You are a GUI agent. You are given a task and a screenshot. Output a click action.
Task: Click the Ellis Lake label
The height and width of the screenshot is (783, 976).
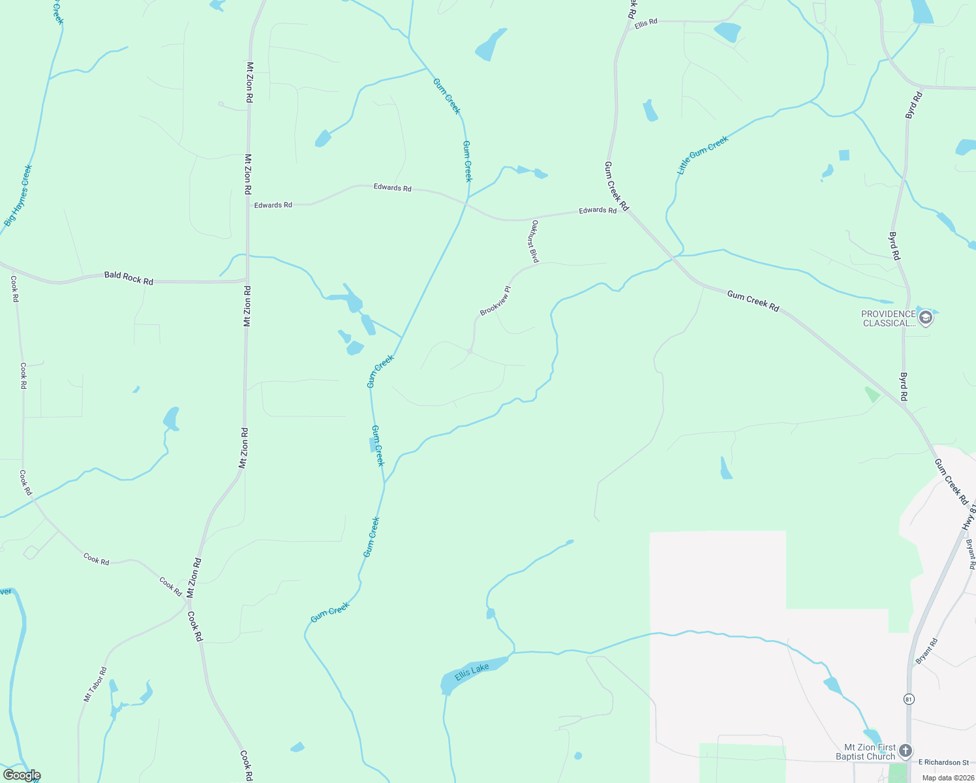[472, 671]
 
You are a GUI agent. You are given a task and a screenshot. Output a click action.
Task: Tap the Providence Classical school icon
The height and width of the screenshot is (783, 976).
[925, 318]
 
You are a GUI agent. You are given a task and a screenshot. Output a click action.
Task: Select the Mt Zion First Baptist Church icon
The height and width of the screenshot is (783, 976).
[906, 750]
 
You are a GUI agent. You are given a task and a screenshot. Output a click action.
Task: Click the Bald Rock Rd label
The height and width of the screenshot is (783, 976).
[129, 279]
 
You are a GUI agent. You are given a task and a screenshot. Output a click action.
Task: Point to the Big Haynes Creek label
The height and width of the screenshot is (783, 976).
[18, 195]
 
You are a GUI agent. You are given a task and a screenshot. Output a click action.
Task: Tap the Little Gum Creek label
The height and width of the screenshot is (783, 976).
[702, 155]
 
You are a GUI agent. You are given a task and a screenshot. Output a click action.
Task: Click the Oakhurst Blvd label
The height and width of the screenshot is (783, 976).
[534, 241]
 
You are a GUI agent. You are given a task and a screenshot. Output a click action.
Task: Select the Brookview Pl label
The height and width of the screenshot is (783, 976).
[495, 301]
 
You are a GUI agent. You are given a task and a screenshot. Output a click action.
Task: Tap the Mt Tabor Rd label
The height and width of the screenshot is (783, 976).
[95, 684]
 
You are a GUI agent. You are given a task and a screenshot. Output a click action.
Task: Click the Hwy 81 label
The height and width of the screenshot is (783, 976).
[969, 517]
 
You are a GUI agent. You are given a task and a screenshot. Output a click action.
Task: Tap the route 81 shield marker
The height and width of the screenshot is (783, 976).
[909, 699]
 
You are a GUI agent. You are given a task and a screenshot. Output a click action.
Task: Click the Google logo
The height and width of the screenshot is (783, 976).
[22, 775]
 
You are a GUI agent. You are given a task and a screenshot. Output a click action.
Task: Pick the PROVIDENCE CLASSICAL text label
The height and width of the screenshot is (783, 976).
[888, 318]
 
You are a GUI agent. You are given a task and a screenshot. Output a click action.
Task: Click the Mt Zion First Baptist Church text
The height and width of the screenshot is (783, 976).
[866, 752]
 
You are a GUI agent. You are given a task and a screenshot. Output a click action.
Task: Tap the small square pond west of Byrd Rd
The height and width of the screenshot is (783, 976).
[844, 155]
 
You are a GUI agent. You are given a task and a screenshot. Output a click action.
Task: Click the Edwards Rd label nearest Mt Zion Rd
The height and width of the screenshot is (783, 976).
[273, 205]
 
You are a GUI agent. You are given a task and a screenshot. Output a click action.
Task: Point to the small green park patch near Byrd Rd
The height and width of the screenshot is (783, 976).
[872, 394]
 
